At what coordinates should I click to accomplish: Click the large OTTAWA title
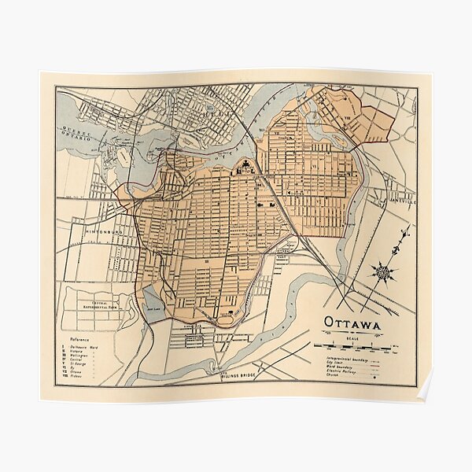coord(352,324)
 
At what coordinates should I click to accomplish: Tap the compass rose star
coord(384,273)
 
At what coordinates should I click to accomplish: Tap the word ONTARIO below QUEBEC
coord(78,136)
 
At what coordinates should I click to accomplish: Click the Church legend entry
coord(337,377)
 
